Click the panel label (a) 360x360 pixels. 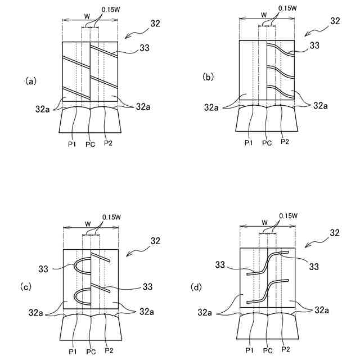point(31,81)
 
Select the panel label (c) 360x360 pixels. point(26,287)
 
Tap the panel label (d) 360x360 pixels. point(196,287)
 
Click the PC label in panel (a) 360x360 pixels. point(90,144)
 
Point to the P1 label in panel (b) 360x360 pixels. point(249,143)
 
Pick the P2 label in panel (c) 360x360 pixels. point(107,352)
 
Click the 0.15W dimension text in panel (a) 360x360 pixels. point(111,10)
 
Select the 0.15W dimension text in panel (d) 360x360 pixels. point(288,216)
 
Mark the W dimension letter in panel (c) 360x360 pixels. point(87,222)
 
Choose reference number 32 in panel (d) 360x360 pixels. point(335,232)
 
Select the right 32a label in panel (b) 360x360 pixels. point(321,105)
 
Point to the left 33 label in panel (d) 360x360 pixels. point(221,264)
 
